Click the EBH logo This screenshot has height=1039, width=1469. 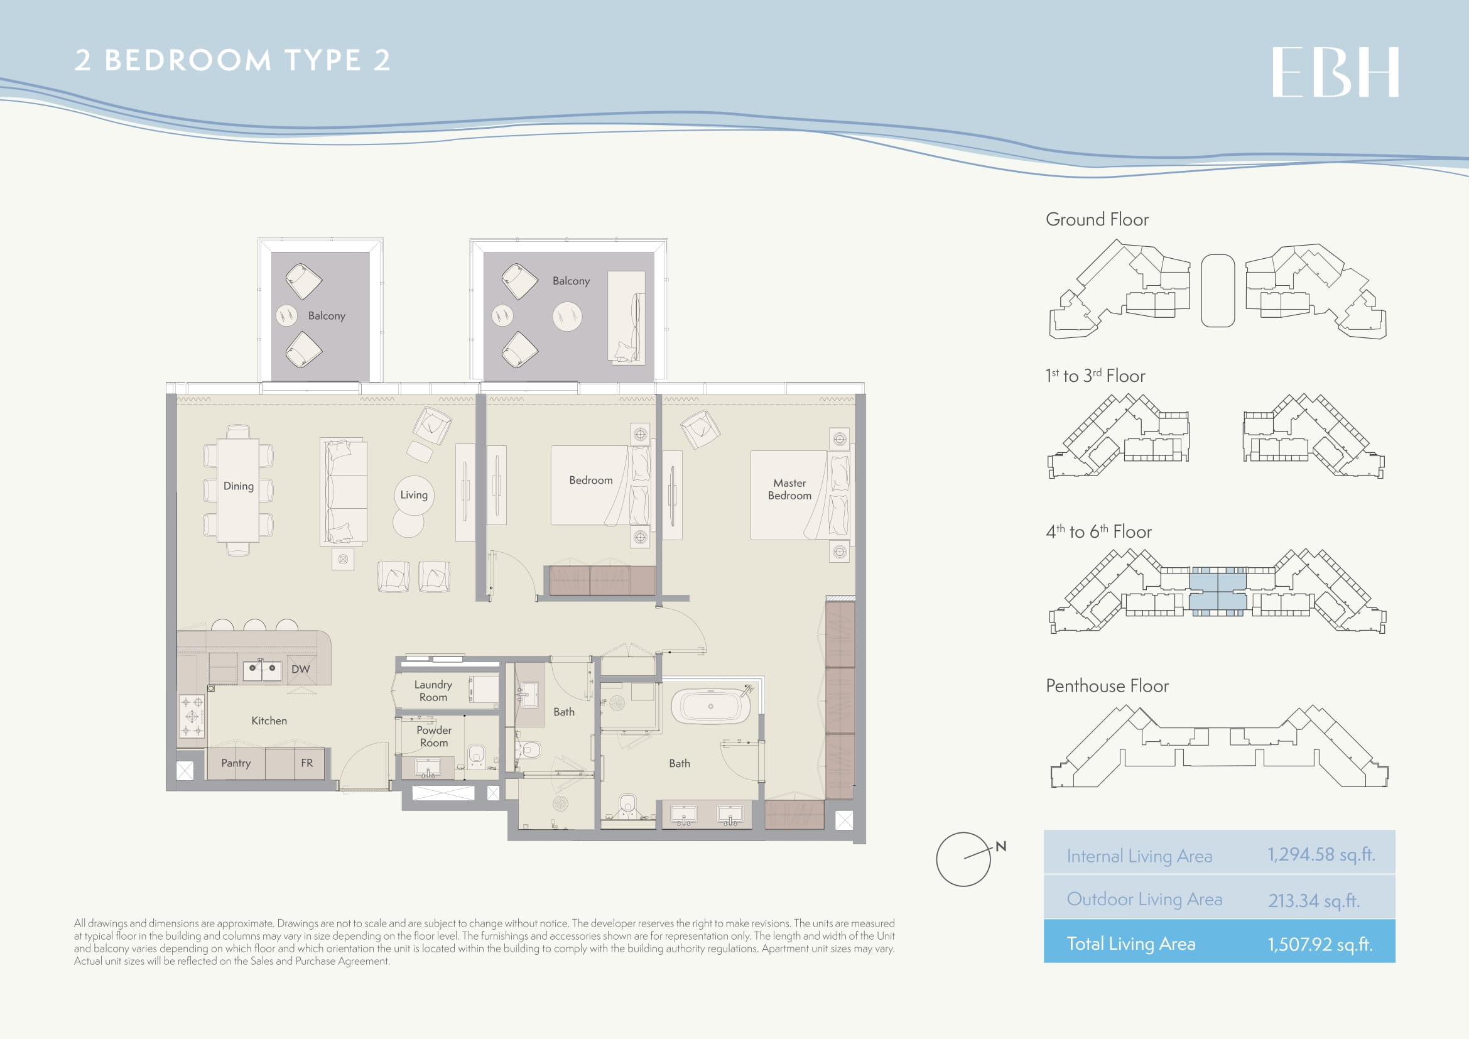coord(1335,72)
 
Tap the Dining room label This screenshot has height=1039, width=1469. coord(239,486)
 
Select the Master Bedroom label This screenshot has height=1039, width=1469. coord(789,489)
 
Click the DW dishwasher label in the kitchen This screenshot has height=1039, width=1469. coord(301,669)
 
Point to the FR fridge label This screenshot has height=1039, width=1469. coord(307,763)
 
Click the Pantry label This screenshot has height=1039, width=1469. coord(236,763)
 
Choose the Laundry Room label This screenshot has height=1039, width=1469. coord(433,691)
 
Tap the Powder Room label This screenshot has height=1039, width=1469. coord(434,736)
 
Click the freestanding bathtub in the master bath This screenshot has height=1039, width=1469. coord(710,706)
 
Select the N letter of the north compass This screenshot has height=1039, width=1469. coord(1001,846)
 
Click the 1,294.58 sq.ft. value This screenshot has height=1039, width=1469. coord(1321,855)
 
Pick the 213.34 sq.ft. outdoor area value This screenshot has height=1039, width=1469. coord(1314,901)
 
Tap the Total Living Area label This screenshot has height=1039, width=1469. coord(1131,944)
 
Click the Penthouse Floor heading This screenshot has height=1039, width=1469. coord(1107,686)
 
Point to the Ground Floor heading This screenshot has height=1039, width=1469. coord(1097,219)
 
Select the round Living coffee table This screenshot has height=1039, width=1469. coord(414,495)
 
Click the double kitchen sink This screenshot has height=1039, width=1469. coord(263,670)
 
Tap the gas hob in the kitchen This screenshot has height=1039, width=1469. coord(192,717)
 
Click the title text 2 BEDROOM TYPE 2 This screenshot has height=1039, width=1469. coord(232,60)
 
